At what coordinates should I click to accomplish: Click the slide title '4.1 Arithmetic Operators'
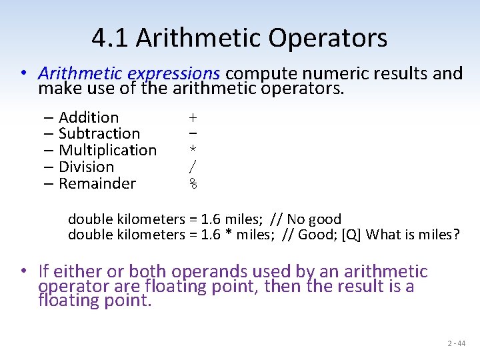pyautogui.click(x=239, y=38)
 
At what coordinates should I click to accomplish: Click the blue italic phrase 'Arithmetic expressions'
pyautogui.click(x=129, y=73)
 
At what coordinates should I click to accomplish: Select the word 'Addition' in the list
pyautogui.click(x=89, y=117)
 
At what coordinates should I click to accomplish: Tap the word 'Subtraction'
pyautogui.click(x=99, y=134)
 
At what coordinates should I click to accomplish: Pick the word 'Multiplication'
pyautogui.click(x=107, y=151)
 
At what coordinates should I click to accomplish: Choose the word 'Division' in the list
pyautogui.click(x=86, y=167)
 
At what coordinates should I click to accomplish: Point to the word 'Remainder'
pyautogui.click(x=97, y=184)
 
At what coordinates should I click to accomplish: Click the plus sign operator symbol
pyautogui.click(x=193, y=118)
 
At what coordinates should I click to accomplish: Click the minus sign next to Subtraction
pyautogui.click(x=193, y=134)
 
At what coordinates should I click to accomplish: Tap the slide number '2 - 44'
pyautogui.click(x=457, y=343)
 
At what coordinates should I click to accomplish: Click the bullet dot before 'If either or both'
pyautogui.click(x=23, y=271)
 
